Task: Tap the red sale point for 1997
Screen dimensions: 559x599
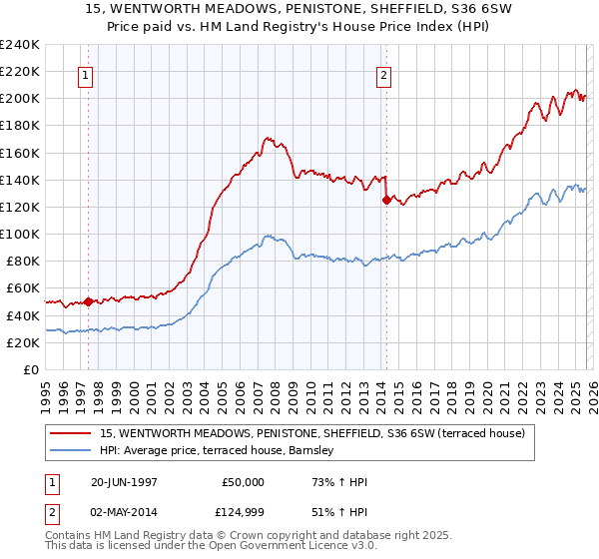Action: coord(88,300)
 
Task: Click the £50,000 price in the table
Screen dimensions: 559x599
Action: coord(243,482)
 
